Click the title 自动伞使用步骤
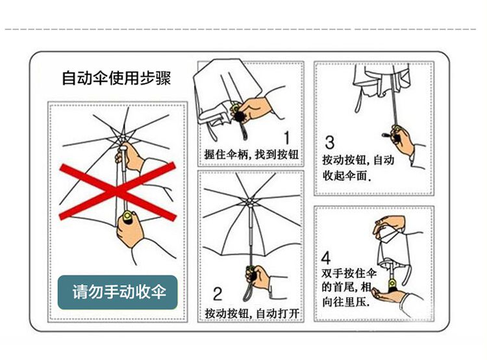coord(116,79)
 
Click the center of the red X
coord(118,192)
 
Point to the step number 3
coord(329,142)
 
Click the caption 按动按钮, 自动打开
coord(252,314)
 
